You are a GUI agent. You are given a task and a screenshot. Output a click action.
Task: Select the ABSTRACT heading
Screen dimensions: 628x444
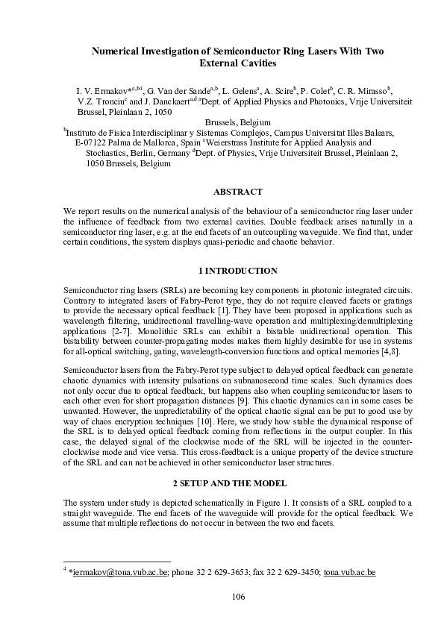coord(237,192)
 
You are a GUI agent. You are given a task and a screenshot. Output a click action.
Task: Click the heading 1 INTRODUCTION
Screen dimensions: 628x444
coord(237,271)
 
